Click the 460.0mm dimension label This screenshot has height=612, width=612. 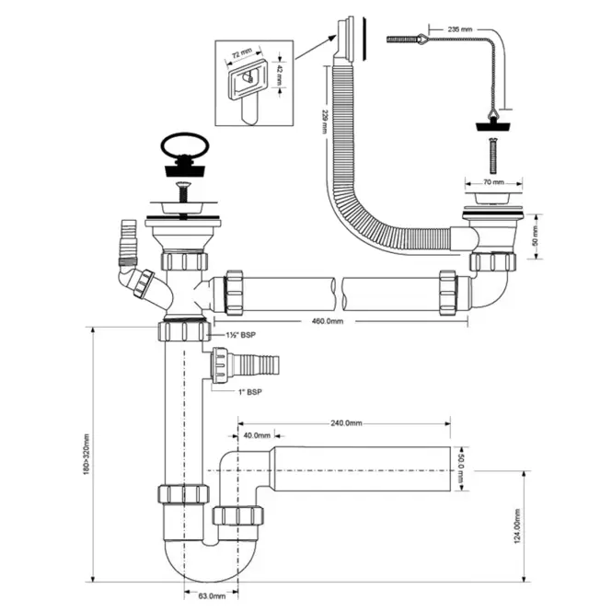point(328,321)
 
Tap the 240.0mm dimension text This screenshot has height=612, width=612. point(346,423)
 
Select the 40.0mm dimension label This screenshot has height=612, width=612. point(257,435)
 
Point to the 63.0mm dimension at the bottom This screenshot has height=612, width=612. point(212,596)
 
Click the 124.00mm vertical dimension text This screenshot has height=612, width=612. point(517,526)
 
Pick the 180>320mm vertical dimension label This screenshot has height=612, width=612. point(87,455)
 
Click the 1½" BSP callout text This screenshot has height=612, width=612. point(241,335)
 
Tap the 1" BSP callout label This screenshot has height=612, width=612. point(250,392)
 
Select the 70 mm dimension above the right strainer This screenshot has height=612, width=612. point(493,182)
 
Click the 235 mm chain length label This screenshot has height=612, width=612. point(460,29)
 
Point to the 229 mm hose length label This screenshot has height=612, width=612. point(324,121)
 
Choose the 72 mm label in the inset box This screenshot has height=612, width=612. point(242,53)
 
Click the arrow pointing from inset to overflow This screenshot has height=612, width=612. point(316,47)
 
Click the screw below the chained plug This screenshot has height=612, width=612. point(493,156)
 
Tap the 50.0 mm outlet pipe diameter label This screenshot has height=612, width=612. point(460,468)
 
